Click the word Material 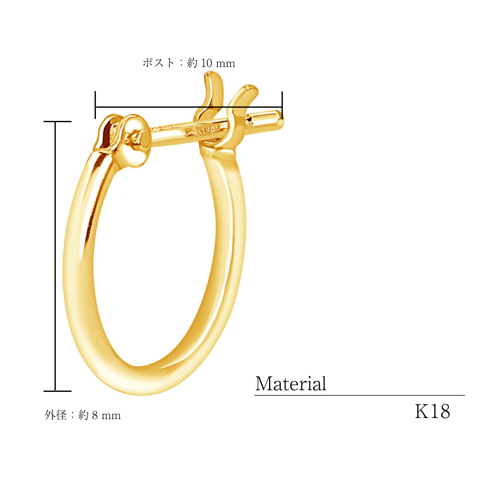tap(291, 384)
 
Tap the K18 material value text tap(432, 411)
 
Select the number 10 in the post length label tap(207, 63)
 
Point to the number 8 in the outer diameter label tap(95, 416)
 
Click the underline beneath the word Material tap(359, 395)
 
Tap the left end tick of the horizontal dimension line tap(95, 105)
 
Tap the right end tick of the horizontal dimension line tap(282, 105)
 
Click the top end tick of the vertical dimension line tap(57, 122)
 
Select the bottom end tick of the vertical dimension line tap(57, 391)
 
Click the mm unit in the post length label tap(225, 63)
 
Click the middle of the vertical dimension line tap(55, 257)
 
